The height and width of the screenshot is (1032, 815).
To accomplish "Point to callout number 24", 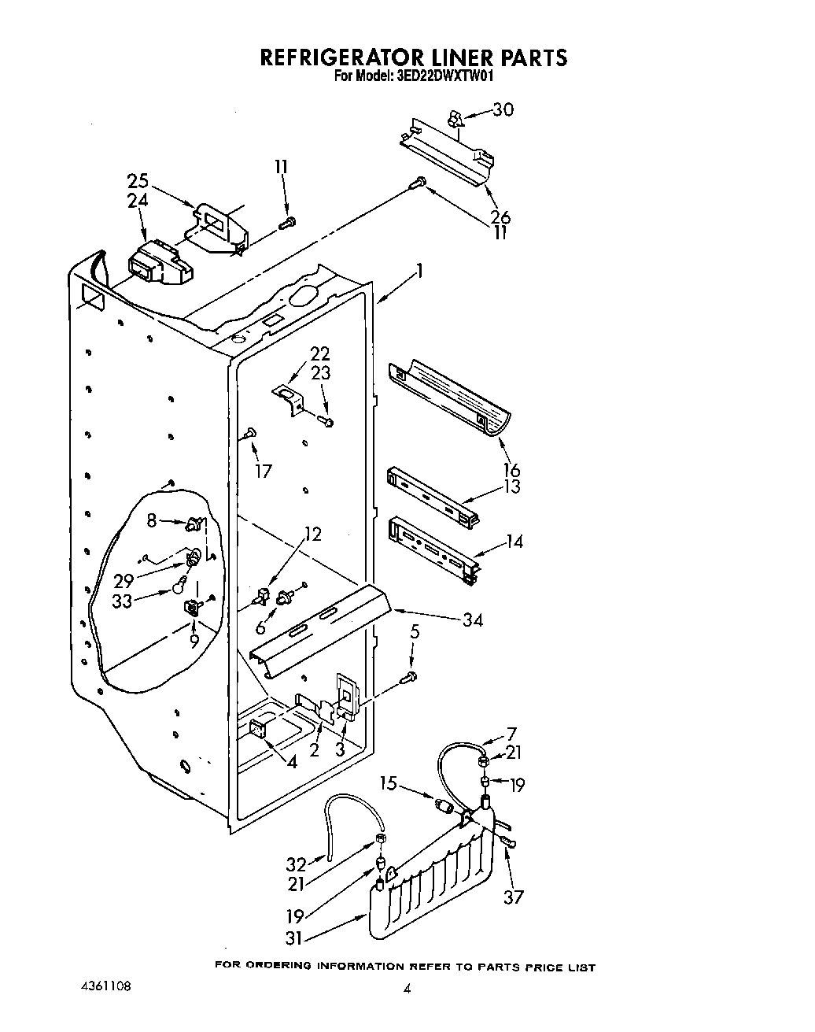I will click(x=138, y=202).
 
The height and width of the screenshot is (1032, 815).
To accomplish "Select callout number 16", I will click(x=511, y=471).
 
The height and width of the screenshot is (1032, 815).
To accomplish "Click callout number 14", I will click(x=514, y=542).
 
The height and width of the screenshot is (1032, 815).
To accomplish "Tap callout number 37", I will click(x=513, y=896).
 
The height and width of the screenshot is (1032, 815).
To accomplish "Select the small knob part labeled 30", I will click(x=453, y=118).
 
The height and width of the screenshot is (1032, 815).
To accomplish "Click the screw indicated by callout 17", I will click(x=249, y=431).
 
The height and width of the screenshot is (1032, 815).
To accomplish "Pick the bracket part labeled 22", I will click(x=288, y=398).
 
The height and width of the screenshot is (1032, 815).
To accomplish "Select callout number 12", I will click(x=312, y=534).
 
